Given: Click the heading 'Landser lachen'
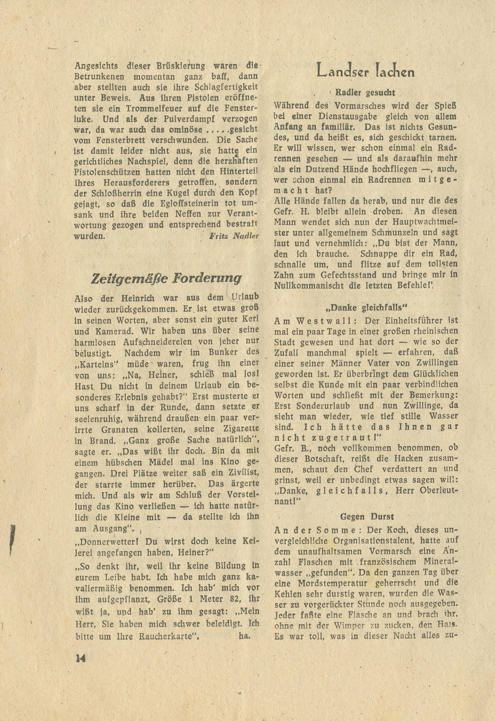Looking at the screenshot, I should (366, 71).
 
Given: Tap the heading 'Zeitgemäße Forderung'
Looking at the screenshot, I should (166, 278).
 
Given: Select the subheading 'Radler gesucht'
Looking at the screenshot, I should (366, 93).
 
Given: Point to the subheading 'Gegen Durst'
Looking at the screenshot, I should (367, 516).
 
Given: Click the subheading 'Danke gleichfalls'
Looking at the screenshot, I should (366, 307).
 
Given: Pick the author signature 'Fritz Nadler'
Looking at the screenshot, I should (234, 236).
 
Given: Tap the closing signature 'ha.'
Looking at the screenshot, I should (245, 637).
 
